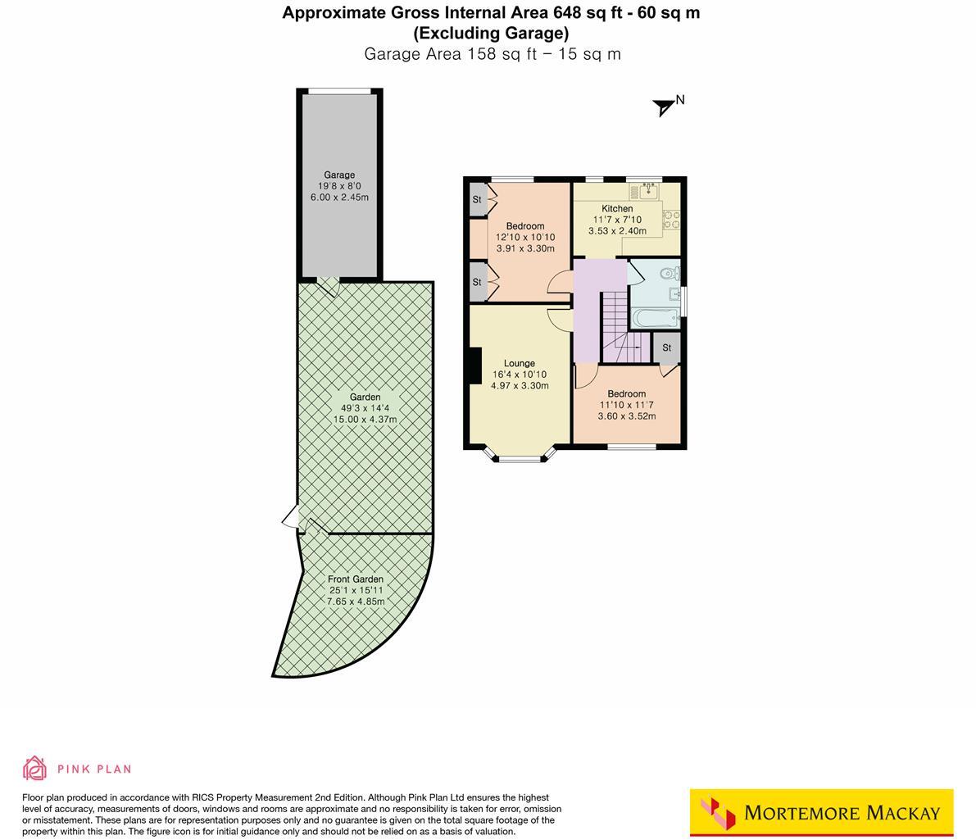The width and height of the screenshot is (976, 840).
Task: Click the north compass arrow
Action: pos(664,107)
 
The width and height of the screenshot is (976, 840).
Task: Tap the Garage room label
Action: pos(339,175)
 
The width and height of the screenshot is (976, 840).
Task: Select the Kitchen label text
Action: pos(617,209)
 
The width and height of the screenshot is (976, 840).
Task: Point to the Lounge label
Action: pos(520,363)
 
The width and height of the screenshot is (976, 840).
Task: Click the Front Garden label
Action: pos(356,579)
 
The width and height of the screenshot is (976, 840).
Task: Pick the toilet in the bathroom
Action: pos(669,273)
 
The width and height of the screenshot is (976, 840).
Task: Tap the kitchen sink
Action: pos(647,191)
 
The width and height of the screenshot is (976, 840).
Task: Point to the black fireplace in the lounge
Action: pos(474,366)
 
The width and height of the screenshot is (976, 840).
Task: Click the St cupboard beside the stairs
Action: pos(666,347)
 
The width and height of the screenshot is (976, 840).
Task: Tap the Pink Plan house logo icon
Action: pos(34,768)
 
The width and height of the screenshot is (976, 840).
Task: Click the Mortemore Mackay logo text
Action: pos(842,813)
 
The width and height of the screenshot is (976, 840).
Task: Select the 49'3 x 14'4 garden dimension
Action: pos(365,408)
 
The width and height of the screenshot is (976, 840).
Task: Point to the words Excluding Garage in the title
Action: pos(491,34)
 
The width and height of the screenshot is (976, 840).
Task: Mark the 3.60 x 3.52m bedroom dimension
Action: pos(626,416)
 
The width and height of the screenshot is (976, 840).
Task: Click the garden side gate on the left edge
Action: pos(290,519)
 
